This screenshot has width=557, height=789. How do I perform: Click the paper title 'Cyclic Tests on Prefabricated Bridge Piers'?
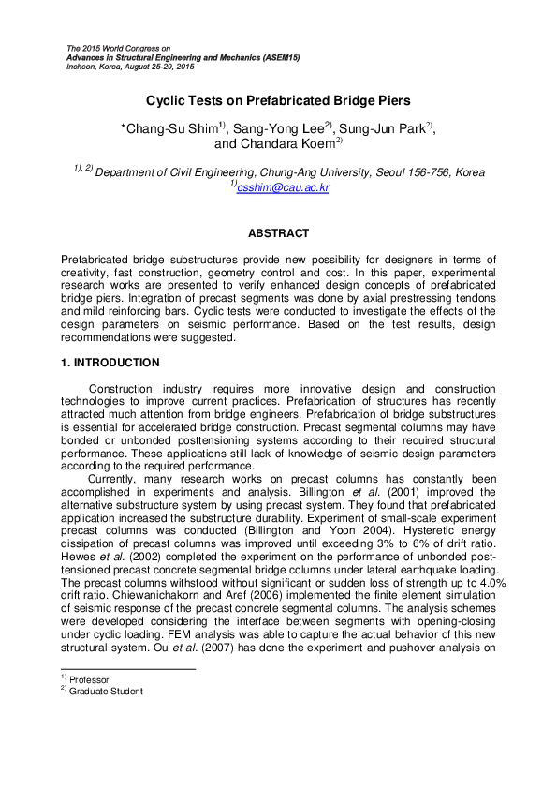(278, 100)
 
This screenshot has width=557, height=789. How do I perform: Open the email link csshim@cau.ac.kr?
(283, 187)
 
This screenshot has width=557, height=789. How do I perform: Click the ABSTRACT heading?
(278, 232)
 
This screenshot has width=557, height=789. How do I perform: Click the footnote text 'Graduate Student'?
(106, 692)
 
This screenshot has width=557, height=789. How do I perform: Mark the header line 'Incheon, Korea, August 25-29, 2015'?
(131, 67)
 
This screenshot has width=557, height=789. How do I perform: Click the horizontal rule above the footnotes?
(127, 669)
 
